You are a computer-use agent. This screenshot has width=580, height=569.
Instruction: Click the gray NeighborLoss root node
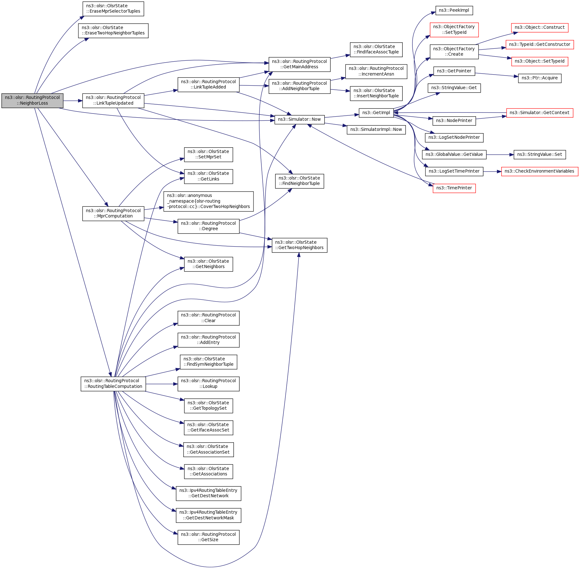tap(32, 101)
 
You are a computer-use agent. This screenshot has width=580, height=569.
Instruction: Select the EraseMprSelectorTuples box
tap(113, 9)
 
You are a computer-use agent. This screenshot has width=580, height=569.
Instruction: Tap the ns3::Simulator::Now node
tap(299, 119)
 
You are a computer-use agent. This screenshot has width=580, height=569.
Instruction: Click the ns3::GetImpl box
tap(376, 113)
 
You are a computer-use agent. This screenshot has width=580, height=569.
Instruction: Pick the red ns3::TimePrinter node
tap(454, 188)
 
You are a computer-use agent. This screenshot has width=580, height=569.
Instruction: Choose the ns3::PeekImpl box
tap(454, 10)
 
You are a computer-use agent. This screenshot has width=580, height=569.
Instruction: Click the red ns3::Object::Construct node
tap(540, 28)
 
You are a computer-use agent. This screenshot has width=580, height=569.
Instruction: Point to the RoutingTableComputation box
tap(113, 384)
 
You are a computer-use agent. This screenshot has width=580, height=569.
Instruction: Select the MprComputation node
tap(113, 213)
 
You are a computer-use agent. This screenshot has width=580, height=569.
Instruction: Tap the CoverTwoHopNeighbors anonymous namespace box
tap(208, 201)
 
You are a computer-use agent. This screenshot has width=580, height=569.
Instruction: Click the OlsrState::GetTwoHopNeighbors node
tap(299, 245)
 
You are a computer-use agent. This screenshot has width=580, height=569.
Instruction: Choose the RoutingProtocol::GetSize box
tap(208, 537)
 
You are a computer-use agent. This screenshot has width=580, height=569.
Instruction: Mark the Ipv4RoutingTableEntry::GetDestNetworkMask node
tap(208, 515)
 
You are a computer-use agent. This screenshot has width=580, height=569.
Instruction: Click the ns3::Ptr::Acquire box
tap(540, 78)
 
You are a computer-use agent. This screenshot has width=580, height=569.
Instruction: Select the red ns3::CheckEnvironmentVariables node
tap(539, 171)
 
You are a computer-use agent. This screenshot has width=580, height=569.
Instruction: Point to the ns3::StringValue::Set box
tap(540, 155)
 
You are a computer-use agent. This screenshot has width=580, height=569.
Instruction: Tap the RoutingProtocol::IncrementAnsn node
tap(376, 71)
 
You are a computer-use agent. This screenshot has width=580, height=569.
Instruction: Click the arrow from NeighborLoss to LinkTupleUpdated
tap(73, 101)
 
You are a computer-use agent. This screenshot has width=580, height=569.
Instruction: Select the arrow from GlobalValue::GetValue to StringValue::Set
tap(500, 155)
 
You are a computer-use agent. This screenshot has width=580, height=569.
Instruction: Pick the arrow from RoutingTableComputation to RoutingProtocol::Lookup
tap(162, 384)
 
